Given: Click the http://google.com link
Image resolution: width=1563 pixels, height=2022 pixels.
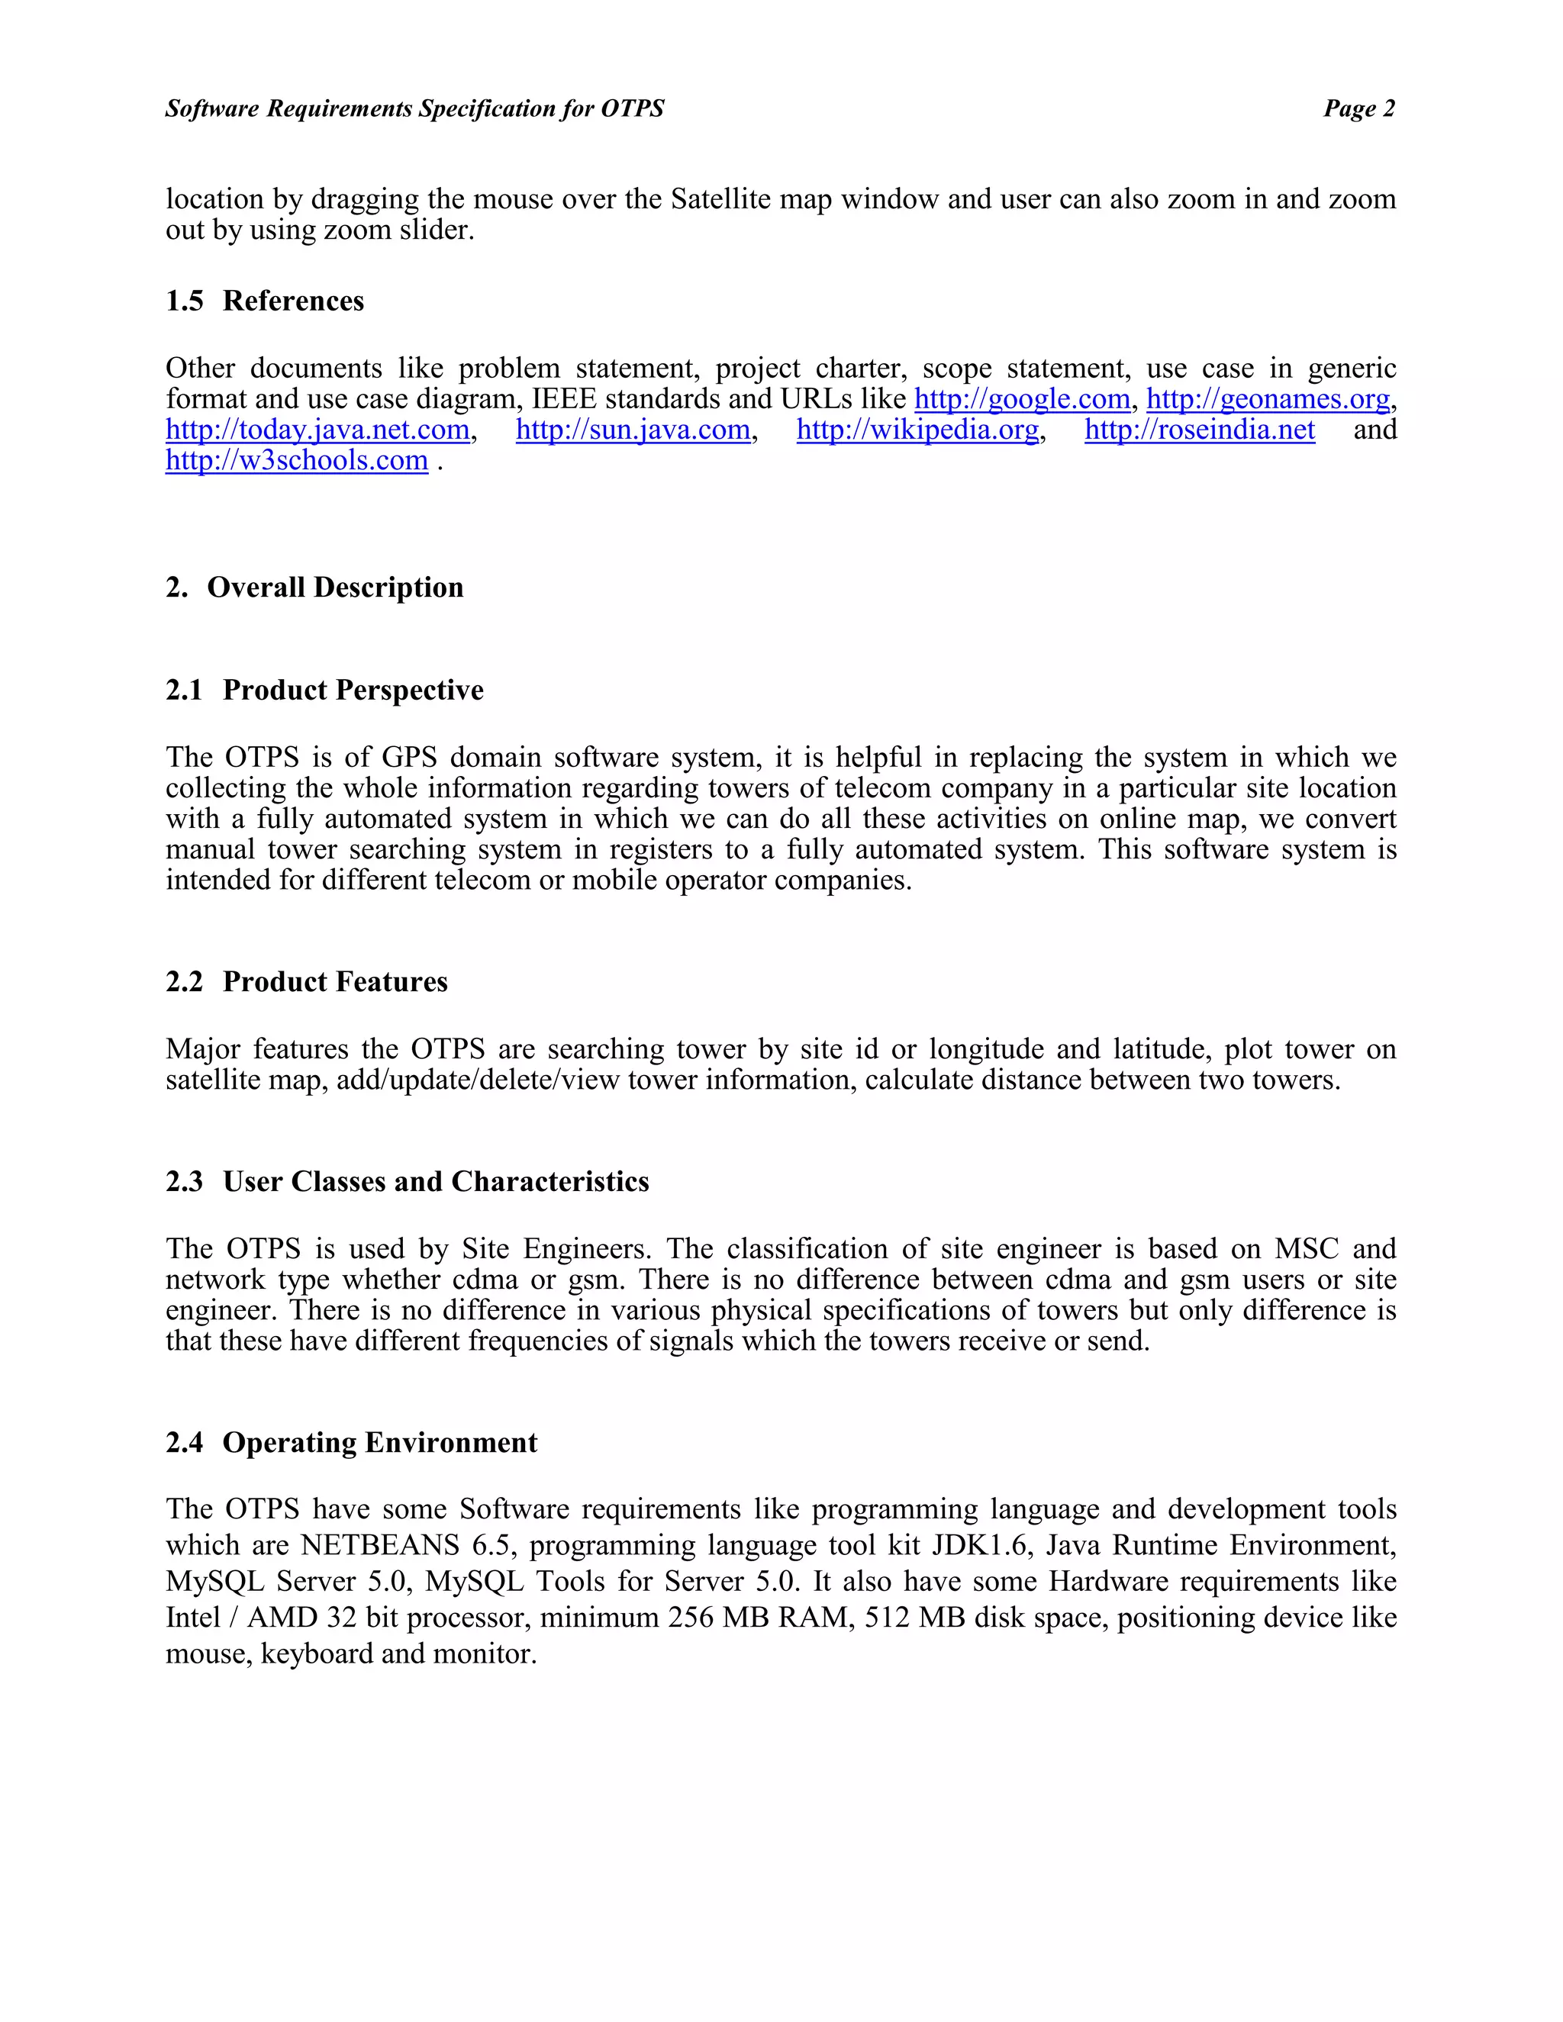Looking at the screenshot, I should pos(1021,399).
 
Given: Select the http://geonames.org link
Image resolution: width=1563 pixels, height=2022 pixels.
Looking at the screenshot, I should pos(1268,399).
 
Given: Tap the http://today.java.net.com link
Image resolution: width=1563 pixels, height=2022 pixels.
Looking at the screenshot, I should pos(317,430).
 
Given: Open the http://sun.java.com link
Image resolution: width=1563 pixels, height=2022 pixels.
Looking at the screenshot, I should pos(633,430).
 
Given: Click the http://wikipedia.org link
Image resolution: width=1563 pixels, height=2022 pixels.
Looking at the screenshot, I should pos(917,430).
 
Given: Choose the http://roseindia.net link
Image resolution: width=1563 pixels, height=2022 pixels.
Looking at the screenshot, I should pos(1199,430).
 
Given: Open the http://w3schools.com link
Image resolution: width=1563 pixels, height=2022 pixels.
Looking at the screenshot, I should pos(296,460).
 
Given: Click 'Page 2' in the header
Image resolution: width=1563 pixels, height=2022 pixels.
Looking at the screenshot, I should pos(1358,108).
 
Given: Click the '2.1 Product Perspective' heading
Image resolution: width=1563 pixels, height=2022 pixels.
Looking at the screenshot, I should pos(324,690).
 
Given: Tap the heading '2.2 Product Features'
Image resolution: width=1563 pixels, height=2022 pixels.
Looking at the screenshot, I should pos(307,981).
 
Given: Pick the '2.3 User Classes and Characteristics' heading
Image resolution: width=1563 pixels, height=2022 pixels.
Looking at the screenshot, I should pos(408,1181).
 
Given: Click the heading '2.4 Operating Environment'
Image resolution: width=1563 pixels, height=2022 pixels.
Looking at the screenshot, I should pos(351,1442).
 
